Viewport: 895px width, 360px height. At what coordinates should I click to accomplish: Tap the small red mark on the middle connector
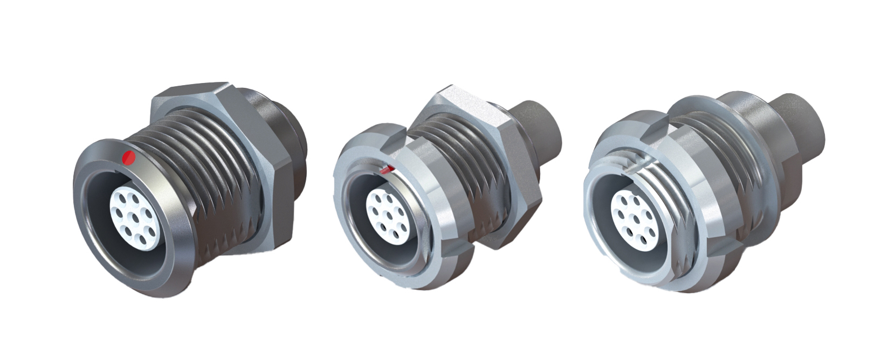click(x=387, y=170)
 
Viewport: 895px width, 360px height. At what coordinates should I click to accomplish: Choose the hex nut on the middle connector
click(x=501, y=178)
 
